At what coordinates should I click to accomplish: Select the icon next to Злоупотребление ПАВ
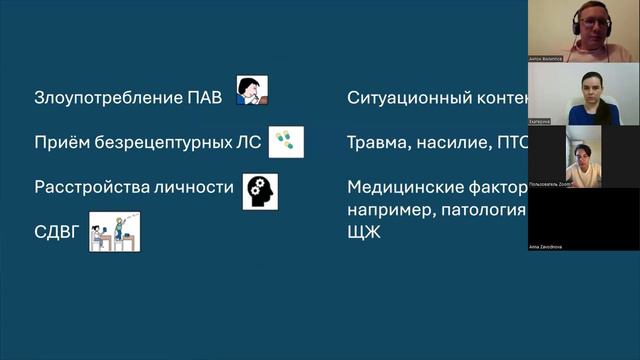point(252,92)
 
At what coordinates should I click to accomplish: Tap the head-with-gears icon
point(260,190)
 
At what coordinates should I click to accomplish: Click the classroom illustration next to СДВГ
point(114,231)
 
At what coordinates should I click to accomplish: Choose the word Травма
point(376,143)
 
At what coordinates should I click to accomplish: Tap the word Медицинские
point(403,187)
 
